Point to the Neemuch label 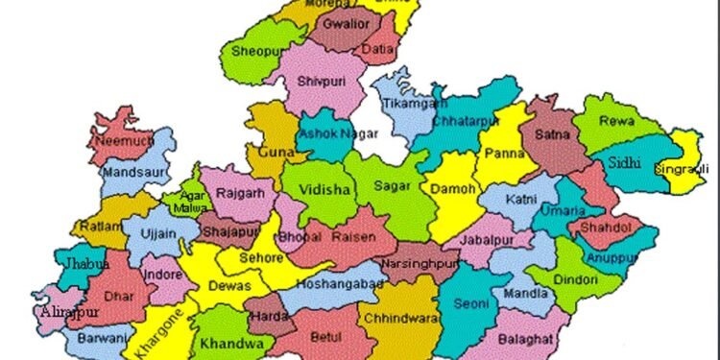coord(115,140)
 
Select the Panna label coord(505,153)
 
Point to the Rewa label coord(615,122)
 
